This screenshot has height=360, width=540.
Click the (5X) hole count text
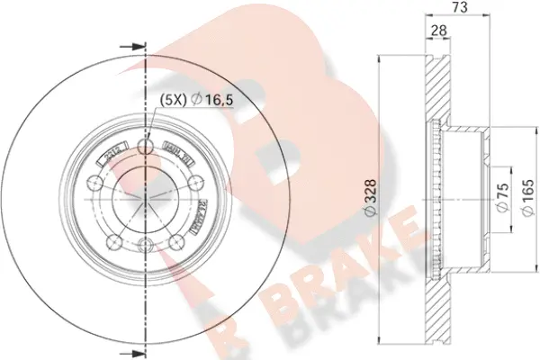click(x=174, y=100)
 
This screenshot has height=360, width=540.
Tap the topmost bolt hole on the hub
click(x=145, y=146)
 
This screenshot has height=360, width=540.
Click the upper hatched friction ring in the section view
click(x=436, y=90)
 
